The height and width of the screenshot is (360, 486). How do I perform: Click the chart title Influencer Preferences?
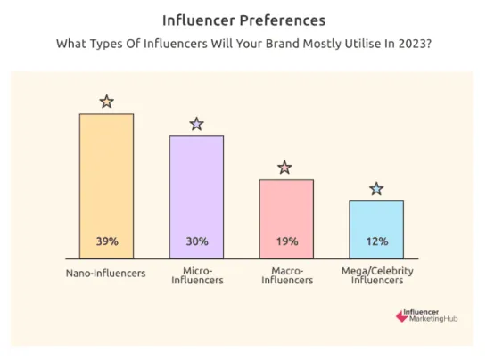[x=243, y=20]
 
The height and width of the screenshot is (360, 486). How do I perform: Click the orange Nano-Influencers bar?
[x=106, y=178]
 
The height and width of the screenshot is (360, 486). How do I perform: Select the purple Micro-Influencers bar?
[x=196, y=192]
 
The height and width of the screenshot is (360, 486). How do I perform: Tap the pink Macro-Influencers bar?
[x=286, y=209]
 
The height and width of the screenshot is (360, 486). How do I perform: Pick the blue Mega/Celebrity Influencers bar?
[x=375, y=223]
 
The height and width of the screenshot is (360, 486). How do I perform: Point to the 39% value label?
[x=106, y=241]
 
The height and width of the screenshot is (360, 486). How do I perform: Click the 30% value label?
[x=196, y=241]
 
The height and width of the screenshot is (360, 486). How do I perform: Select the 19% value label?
[x=286, y=241]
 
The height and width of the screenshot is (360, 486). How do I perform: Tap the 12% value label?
[x=375, y=241]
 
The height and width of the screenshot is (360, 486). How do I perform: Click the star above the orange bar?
[x=106, y=102]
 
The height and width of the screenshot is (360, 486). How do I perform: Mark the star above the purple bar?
[x=196, y=124]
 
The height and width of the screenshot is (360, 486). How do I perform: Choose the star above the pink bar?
[x=284, y=167]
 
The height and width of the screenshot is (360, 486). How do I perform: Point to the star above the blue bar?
[x=376, y=189]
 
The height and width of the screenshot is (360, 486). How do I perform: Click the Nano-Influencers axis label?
[x=106, y=273]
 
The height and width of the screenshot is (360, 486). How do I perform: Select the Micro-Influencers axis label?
[x=196, y=275]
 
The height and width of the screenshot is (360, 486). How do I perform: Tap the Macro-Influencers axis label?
[x=286, y=275]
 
